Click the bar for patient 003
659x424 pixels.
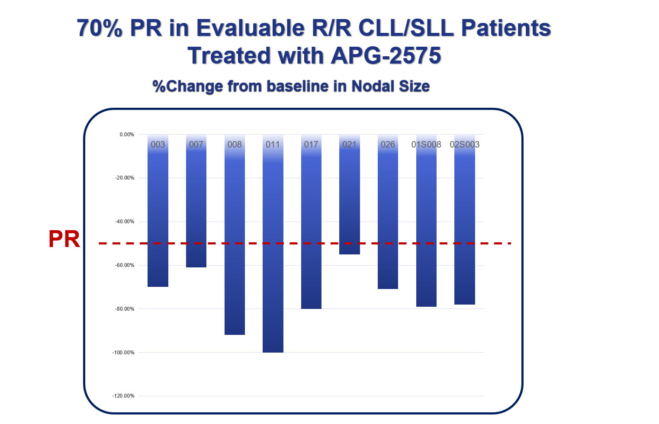(158, 216)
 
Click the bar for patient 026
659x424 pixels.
(388, 216)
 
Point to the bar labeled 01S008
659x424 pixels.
(426, 225)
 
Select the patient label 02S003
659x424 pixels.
(464, 145)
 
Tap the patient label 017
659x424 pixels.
(311, 145)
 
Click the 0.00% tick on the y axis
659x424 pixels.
(127, 135)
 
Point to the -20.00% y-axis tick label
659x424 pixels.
(124, 178)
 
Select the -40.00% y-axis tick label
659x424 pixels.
(124, 222)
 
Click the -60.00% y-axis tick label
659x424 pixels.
(124, 265)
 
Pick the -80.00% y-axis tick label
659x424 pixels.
(124, 309)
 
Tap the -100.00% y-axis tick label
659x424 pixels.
(123, 353)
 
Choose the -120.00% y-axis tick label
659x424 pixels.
(123, 396)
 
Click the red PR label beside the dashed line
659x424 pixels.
(64, 239)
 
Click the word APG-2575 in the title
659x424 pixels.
(386, 56)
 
